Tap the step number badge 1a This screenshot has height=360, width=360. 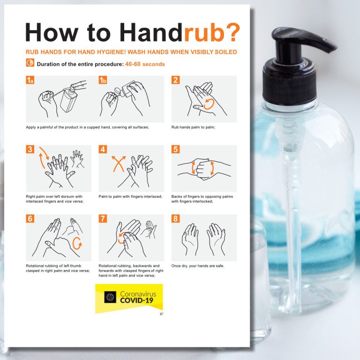tap(30, 80)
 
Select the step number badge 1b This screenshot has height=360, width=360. tap(103, 80)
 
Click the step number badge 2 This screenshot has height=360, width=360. tap(176, 80)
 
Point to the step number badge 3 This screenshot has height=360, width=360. tap(30, 150)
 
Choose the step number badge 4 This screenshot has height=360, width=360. tap(103, 150)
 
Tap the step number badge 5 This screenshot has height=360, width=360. tap(176, 150)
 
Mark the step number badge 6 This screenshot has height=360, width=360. tap(30, 219)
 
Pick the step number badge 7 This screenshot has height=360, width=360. tap(103, 219)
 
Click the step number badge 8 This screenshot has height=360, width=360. tap(176, 219)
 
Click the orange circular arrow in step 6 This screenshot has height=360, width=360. tap(77, 243)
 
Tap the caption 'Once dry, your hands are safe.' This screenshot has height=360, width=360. tap(198, 266)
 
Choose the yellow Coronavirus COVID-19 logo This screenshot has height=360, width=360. tap(129, 298)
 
